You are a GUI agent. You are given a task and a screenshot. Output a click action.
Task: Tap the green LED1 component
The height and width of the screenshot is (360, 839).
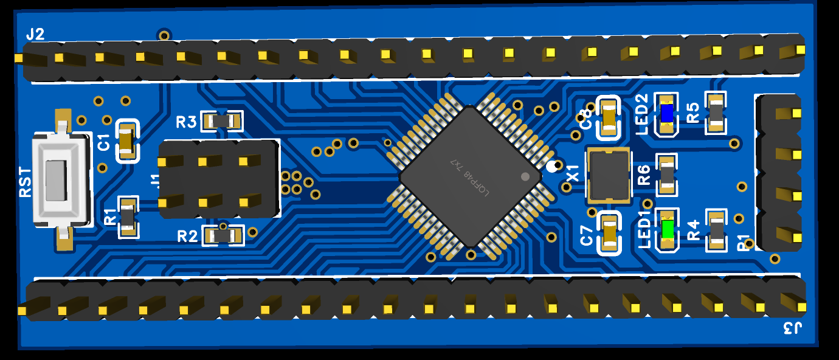point(667,230)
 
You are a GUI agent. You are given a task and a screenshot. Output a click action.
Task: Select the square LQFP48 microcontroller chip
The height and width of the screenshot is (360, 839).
point(469,176)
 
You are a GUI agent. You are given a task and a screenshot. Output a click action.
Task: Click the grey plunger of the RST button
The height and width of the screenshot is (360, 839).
point(55,180)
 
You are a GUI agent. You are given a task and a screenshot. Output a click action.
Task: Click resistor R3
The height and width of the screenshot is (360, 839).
point(222,121)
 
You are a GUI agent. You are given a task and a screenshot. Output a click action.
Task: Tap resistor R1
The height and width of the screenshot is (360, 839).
point(128,216)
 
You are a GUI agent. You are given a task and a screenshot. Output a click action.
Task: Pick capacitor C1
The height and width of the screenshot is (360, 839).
point(126,140)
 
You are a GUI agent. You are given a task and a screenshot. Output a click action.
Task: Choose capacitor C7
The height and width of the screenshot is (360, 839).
point(609,233)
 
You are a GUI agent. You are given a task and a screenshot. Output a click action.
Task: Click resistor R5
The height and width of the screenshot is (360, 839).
point(716,113)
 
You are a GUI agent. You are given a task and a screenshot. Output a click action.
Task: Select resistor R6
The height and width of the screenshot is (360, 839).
point(667,175)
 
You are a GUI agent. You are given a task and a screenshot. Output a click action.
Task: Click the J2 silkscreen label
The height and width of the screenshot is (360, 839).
point(35,35)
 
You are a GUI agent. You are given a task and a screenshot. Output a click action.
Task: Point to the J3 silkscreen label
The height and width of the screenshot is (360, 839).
point(792,329)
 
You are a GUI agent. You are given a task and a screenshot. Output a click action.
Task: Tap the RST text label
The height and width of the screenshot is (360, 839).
point(25,181)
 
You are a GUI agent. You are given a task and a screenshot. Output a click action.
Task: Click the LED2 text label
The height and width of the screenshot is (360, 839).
point(642,114)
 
